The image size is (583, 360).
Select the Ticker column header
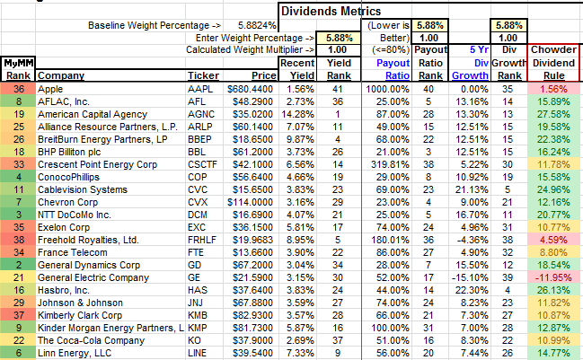[202, 76]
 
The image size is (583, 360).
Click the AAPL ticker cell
[199, 90]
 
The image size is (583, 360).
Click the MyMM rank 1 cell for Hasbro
[16, 316]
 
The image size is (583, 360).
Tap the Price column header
[258, 76]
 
